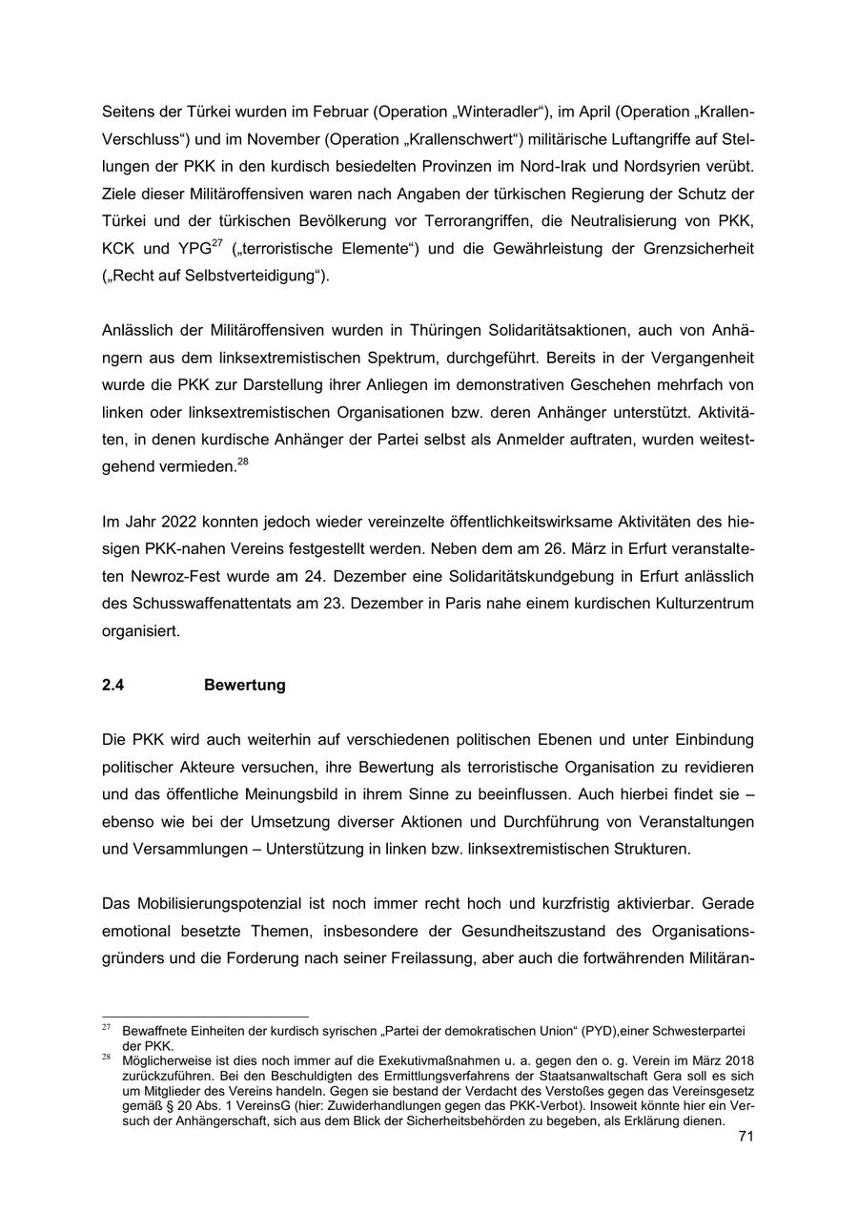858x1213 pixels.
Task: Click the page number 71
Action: click(746, 1136)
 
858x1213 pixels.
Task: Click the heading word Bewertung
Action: click(244, 685)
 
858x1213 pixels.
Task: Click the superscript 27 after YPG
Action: click(217, 244)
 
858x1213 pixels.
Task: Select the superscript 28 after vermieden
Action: click(243, 463)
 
